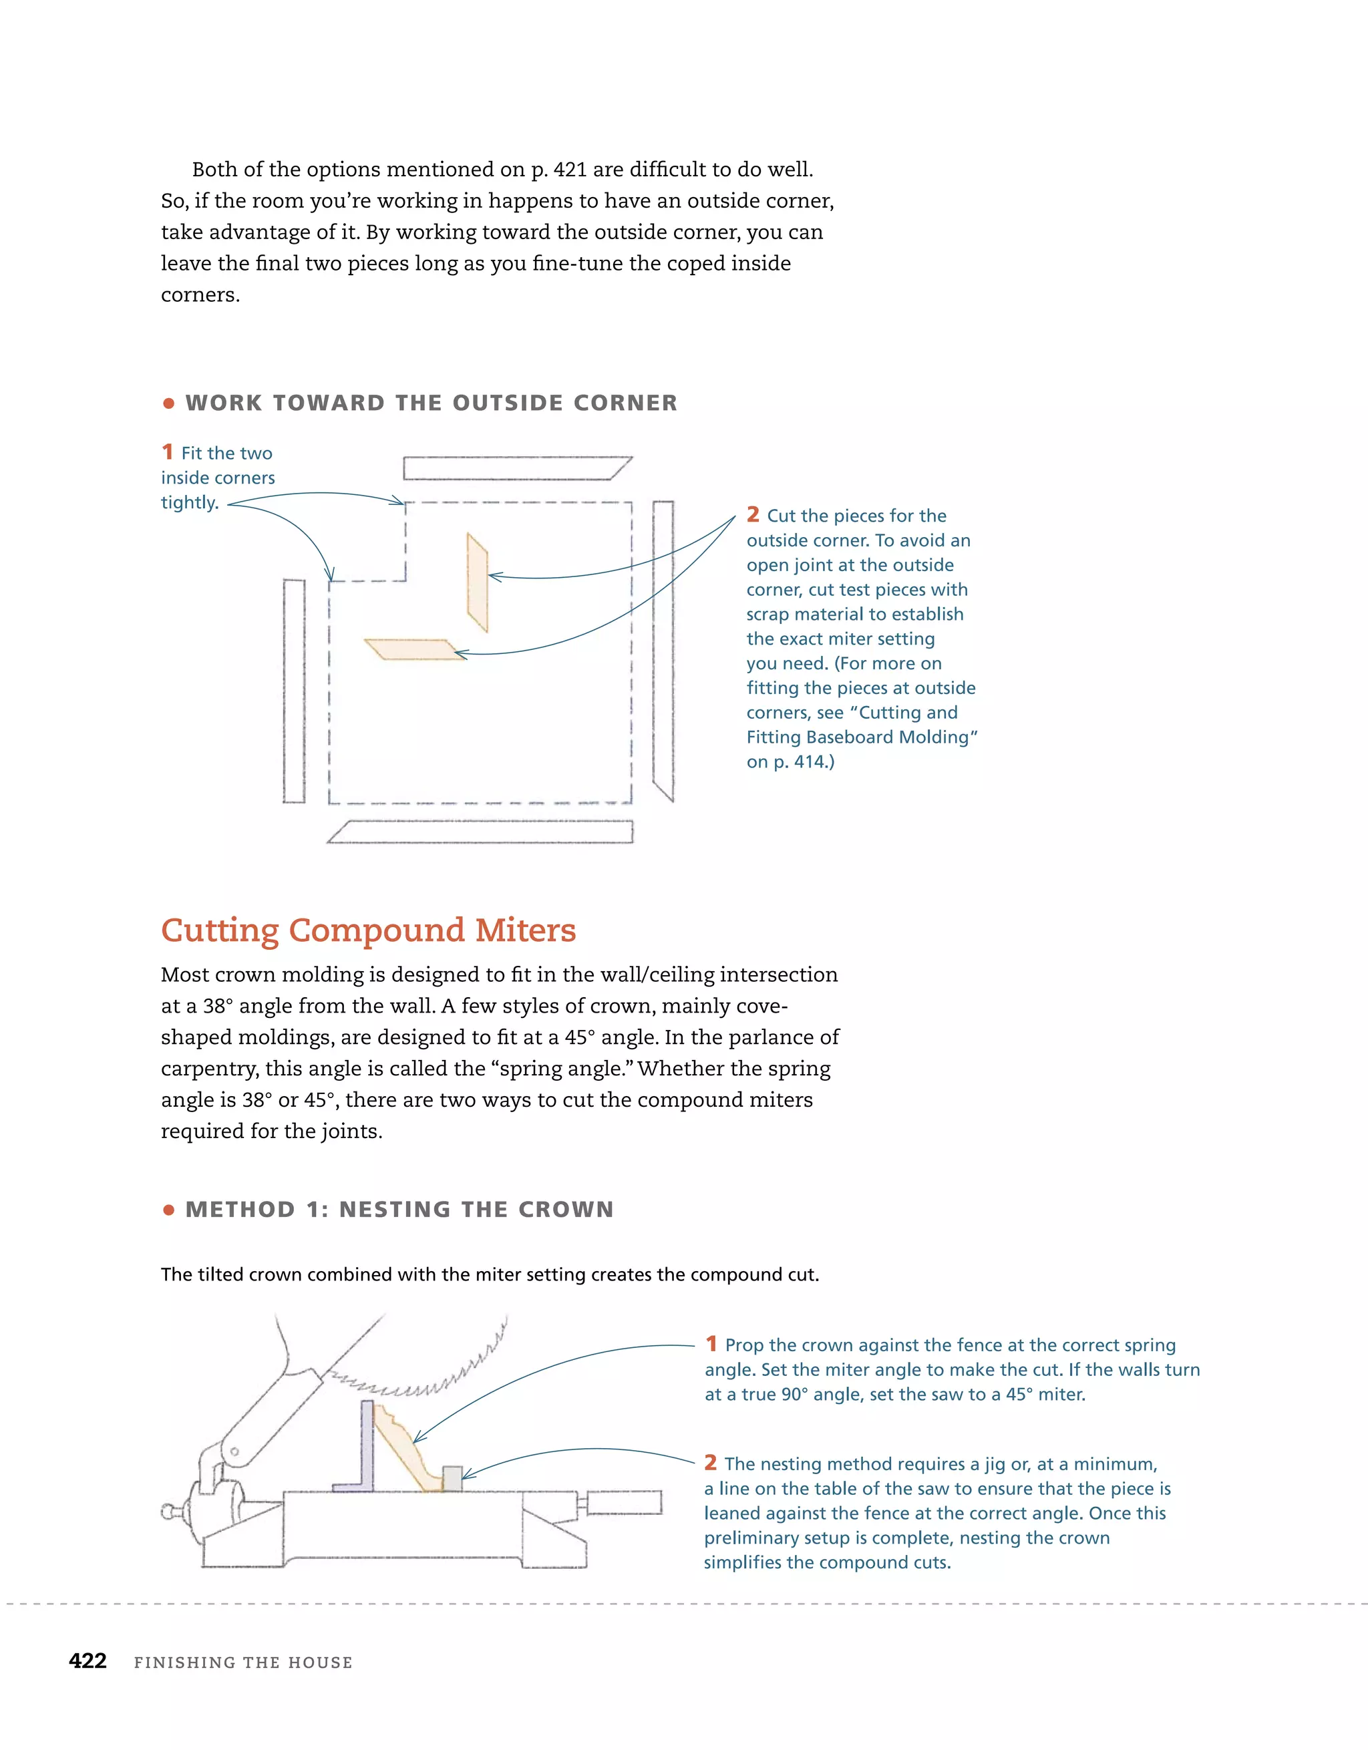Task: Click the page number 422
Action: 88,1661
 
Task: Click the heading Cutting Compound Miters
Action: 368,930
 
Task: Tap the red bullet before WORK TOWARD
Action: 168,404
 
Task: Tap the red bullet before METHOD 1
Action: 168,1210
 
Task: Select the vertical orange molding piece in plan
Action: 478,583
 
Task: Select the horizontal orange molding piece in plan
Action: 413,649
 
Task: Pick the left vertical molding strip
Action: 294,691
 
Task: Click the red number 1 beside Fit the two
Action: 168,452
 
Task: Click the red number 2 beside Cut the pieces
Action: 753,514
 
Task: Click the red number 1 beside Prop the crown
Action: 711,1344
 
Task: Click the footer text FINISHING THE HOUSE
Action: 243,1662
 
